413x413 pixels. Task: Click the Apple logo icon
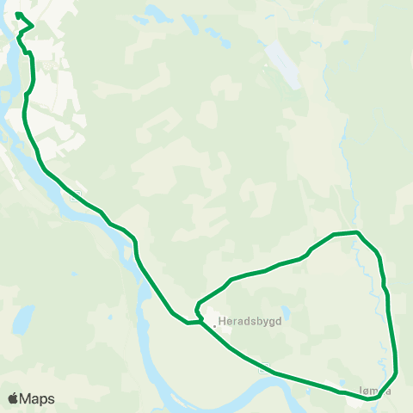[13, 398]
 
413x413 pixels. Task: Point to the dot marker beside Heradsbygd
[214, 325]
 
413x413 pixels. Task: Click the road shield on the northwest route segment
[78, 194]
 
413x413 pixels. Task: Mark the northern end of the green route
[17, 15]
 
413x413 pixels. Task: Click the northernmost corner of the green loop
[357, 232]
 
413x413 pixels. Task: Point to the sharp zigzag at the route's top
[31, 28]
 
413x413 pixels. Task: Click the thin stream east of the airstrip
[344, 138]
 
